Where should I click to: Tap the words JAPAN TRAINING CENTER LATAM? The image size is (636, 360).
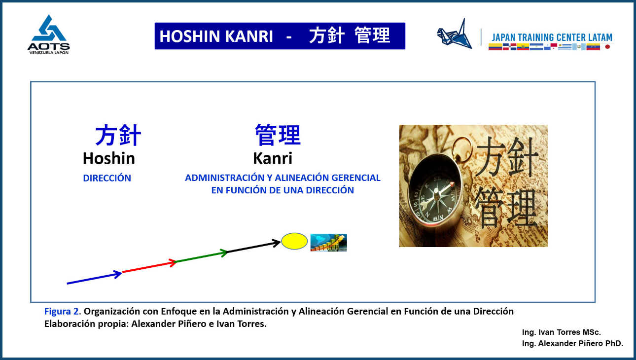coord(552,37)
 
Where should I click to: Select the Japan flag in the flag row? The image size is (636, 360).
coord(607,47)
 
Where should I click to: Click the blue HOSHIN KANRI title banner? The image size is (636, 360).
coord(280,36)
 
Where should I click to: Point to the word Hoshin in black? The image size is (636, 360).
coord(108,158)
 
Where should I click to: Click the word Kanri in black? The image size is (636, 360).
coord(272,158)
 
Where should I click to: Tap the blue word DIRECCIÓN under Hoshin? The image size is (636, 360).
coord(107,179)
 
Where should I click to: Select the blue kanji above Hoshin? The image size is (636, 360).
coord(118,135)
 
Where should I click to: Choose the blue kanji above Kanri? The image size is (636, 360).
coord(278,135)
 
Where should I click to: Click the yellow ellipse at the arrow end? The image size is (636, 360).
coord(294,241)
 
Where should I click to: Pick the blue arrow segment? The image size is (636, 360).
coord(94,278)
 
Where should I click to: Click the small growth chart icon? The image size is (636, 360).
coord(328,243)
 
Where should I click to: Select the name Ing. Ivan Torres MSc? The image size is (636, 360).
coord(561,332)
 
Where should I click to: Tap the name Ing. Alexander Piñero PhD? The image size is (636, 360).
coord(572,344)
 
